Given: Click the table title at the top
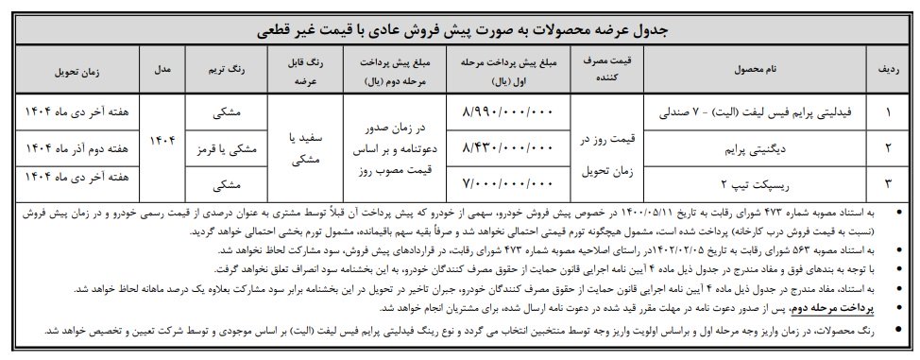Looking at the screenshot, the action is click(460, 30).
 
